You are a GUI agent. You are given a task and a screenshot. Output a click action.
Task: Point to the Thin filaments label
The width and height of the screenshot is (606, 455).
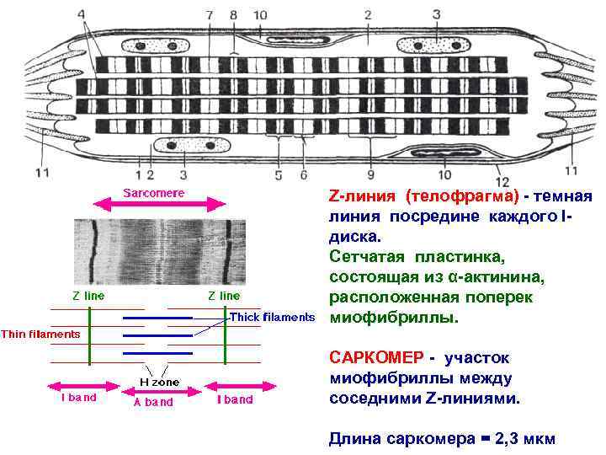pyautogui.click(x=40, y=334)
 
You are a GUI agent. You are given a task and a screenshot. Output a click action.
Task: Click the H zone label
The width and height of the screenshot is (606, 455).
pyautogui.click(x=158, y=383)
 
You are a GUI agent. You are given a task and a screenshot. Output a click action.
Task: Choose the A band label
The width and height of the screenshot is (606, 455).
pyautogui.click(x=153, y=402)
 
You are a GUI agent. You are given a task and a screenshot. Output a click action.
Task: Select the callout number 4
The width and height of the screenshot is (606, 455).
pyautogui.click(x=82, y=15)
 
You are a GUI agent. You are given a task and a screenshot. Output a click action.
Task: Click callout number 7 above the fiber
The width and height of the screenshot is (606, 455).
pyautogui.click(x=210, y=15)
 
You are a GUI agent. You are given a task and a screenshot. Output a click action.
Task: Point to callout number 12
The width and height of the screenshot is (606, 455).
pyautogui.click(x=502, y=181)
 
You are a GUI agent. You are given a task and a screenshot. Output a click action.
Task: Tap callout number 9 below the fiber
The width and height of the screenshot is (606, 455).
pyautogui.click(x=370, y=174)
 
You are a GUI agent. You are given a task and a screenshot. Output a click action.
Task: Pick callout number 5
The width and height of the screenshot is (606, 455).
pyautogui.click(x=278, y=174)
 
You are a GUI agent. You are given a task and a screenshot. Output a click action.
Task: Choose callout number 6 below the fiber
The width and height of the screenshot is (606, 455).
pyautogui.click(x=304, y=174)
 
